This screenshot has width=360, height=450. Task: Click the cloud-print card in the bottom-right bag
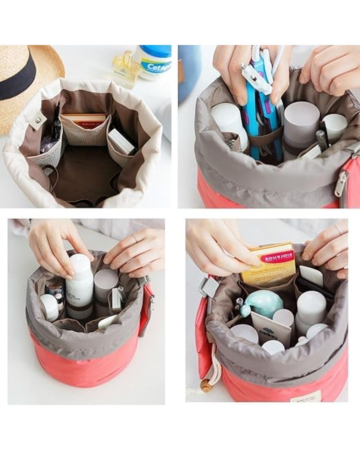pyautogui.click(x=270, y=328)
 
